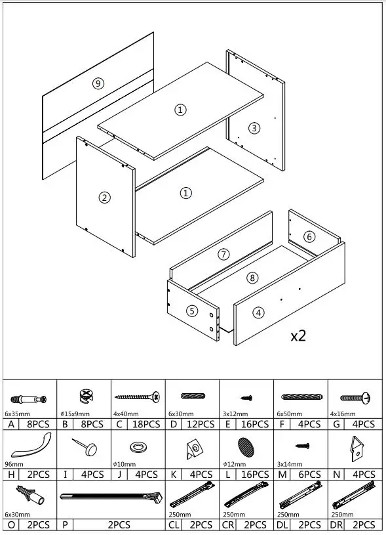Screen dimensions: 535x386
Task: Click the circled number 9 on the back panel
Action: click(x=98, y=83)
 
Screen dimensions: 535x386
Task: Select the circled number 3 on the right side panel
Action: click(x=254, y=127)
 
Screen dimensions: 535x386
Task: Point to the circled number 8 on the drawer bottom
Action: click(x=252, y=277)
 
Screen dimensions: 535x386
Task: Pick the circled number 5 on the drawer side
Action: click(x=309, y=236)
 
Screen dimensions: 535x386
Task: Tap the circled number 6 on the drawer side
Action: click(x=223, y=253)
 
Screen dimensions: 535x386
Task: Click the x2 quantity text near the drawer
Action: click(x=298, y=335)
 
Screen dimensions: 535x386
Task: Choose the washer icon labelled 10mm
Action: click(x=138, y=448)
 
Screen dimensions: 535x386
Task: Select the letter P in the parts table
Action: click(x=66, y=524)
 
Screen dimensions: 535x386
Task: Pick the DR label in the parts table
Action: click(x=338, y=524)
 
